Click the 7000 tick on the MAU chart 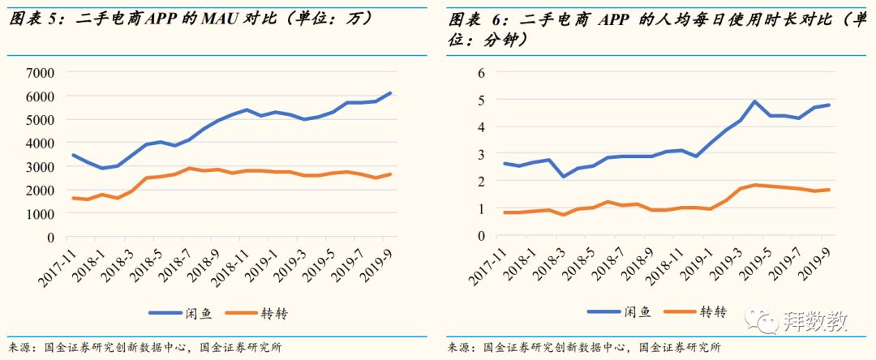click(x=40, y=73)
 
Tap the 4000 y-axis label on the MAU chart click(x=40, y=144)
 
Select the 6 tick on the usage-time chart click(x=480, y=73)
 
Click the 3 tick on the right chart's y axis click(x=480, y=154)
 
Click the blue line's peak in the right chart click(x=754, y=101)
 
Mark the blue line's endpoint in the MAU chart click(x=391, y=92)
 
